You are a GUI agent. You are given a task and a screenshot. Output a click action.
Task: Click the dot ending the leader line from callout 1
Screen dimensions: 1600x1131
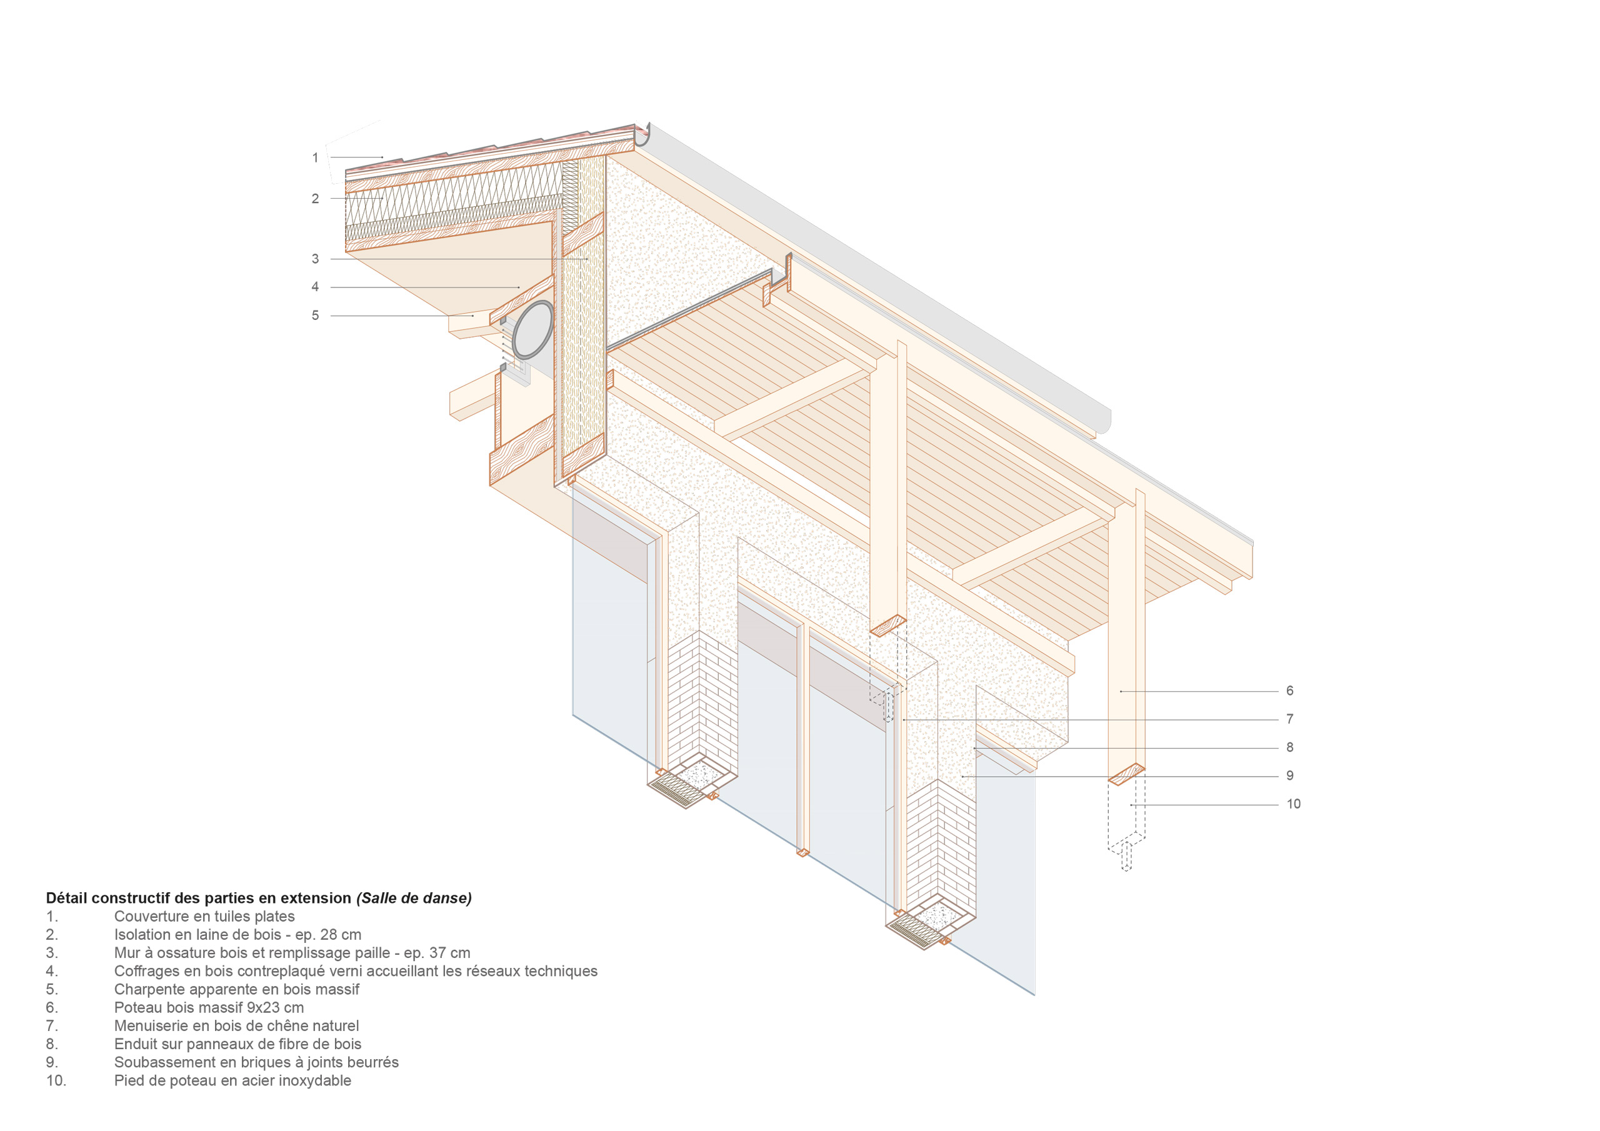coord(382,157)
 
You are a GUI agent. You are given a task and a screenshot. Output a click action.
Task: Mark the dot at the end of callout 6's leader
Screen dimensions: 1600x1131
coord(1121,691)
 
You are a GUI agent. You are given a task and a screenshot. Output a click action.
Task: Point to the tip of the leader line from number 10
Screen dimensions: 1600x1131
coord(1131,805)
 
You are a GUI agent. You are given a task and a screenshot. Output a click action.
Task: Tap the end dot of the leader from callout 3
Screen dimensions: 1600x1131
coord(587,259)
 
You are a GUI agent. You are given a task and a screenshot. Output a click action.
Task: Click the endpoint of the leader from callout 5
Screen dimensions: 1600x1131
coord(474,316)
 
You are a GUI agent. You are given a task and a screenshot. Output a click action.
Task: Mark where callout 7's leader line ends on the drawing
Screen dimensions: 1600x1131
coord(904,719)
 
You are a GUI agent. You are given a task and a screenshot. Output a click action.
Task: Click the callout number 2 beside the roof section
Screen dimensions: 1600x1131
coord(315,199)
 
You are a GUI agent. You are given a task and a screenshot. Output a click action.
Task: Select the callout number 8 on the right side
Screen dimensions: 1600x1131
coord(1290,747)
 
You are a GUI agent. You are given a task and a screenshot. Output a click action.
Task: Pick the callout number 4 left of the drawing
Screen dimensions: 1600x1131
coord(315,286)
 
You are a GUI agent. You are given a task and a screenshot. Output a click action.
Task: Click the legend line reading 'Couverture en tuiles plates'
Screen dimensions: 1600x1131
coord(204,917)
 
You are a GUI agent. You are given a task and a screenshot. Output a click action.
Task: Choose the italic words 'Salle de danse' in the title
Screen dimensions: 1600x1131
coord(414,899)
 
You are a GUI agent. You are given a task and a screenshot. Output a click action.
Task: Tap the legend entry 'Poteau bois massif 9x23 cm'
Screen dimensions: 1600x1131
coord(209,1008)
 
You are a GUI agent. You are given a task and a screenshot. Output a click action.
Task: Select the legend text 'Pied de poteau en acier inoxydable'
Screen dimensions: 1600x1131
coord(232,1081)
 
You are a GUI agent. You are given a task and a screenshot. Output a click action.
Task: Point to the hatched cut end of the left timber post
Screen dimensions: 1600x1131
coord(887,625)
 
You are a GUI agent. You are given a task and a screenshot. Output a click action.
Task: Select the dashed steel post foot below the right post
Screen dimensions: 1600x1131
coord(1126,826)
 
